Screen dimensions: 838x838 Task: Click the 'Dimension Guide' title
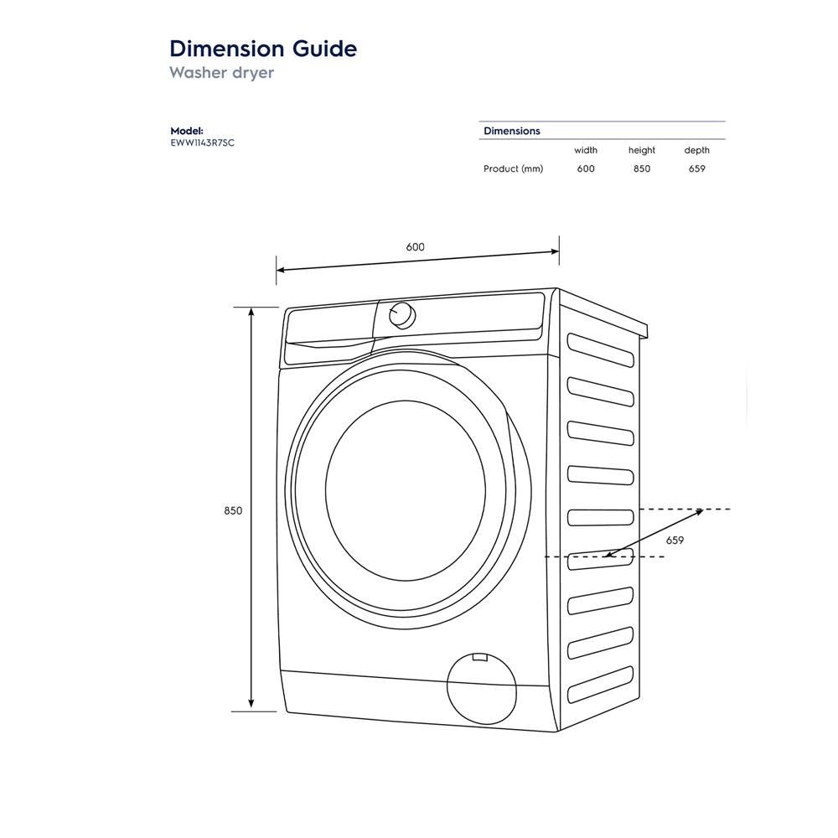[x=263, y=49]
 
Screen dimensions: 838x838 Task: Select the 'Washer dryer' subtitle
[x=221, y=73]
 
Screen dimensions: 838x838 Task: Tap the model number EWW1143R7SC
[x=202, y=142]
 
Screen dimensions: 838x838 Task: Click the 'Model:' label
[x=187, y=131]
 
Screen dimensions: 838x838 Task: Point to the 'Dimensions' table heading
[x=512, y=131]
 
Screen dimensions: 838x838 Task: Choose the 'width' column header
[x=586, y=151]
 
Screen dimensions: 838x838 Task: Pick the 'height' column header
[x=642, y=151]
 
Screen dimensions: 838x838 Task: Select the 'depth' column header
[x=696, y=151]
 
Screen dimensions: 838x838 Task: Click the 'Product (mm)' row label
[x=513, y=169]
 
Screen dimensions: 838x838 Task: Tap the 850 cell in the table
[x=642, y=169]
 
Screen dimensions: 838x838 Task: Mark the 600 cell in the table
[x=586, y=169]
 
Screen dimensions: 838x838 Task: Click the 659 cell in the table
[x=696, y=169]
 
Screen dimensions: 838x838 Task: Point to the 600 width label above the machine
[x=415, y=247]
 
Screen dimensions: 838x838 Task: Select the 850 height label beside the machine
[x=233, y=510]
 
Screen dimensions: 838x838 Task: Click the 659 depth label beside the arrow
[x=675, y=541]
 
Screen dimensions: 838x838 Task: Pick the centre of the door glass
[x=406, y=489]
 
